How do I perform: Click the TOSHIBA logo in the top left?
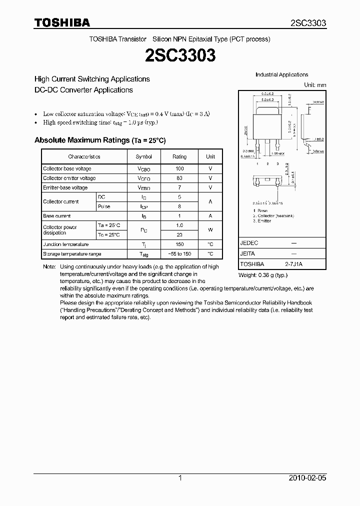pyautogui.click(x=62, y=22)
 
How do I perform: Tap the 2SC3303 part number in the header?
pyautogui.click(x=308, y=23)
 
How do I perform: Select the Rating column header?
pyautogui.click(x=179, y=156)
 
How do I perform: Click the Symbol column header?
pyautogui.click(x=144, y=156)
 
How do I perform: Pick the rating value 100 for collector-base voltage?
pyautogui.click(x=179, y=168)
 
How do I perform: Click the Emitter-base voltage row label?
pyautogui.click(x=65, y=187)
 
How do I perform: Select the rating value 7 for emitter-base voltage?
pyautogui.click(x=179, y=187)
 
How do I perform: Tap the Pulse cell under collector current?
pyautogui.click(x=104, y=206)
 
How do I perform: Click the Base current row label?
pyautogui.click(x=57, y=216)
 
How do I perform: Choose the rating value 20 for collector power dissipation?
pyautogui.click(x=179, y=234)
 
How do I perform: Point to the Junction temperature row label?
pyautogui.click(x=65, y=244)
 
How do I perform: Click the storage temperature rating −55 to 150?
pyautogui.click(x=179, y=254)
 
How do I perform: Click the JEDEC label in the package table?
pyautogui.click(x=249, y=242)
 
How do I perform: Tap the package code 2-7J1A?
pyautogui.click(x=294, y=263)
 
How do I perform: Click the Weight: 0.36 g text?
pyautogui.click(x=262, y=275)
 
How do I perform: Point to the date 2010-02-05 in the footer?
pyautogui.click(x=308, y=478)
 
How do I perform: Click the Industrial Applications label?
pyautogui.click(x=282, y=74)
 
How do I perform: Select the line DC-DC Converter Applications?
pyautogui.click(x=83, y=90)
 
